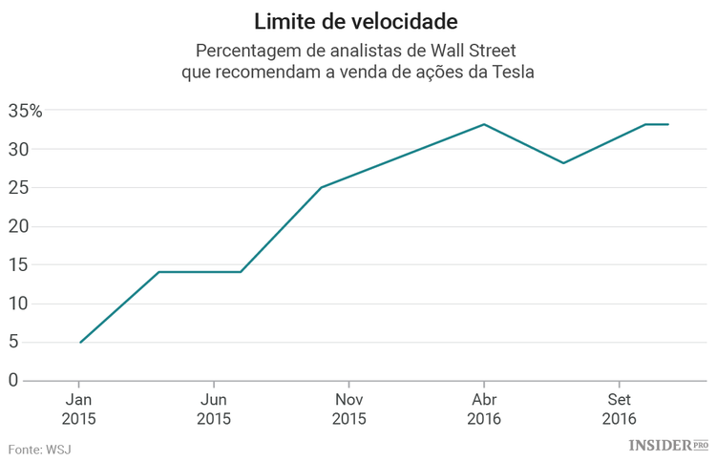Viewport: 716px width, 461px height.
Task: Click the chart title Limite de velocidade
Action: pyautogui.click(x=357, y=21)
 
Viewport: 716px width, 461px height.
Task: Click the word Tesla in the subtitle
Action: pyautogui.click(x=509, y=72)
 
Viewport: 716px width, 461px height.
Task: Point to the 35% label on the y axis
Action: pyautogui.click(x=26, y=111)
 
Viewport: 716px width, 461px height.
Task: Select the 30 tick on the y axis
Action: pyautogui.click(x=17, y=150)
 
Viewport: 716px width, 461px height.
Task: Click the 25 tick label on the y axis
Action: pyautogui.click(x=17, y=188)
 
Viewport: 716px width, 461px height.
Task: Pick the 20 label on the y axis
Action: pyautogui.click(x=17, y=227)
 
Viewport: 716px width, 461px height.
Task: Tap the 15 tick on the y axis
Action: pyautogui.click(x=17, y=265)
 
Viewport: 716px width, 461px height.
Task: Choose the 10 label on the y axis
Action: pyautogui.click(x=17, y=304)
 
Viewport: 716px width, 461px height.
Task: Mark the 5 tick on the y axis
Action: pyautogui.click(x=13, y=343)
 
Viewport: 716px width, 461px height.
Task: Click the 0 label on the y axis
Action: pyautogui.click(x=13, y=381)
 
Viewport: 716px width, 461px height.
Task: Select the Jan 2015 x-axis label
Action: pyautogui.click(x=79, y=409)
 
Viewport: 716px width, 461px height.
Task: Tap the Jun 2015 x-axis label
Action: pyautogui.click(x=214, y=409)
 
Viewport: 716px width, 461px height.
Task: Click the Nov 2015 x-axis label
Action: pyautogui.click(x=348, y=409)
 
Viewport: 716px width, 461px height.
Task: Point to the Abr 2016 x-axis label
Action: pyautogui.click(x=483, y=409)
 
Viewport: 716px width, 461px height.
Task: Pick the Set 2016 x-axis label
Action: pyautogui.click(x=619, y=409)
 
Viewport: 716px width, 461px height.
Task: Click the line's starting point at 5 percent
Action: pyautogui.click(x=80, y=342)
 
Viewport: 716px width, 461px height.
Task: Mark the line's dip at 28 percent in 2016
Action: pyautogui.click(x=563, y=163)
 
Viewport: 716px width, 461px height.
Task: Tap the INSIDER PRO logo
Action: pyautogui.click(x=667, y=445)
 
